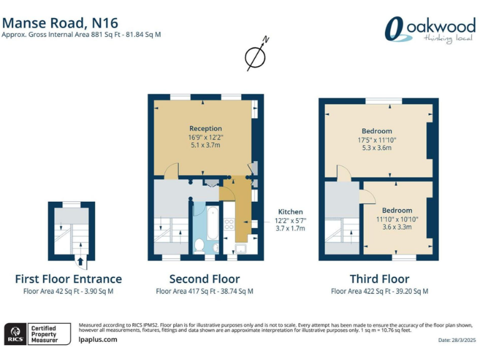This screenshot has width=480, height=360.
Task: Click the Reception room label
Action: (x=206, y=128)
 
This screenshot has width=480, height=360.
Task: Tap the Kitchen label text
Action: (x=291, y=212)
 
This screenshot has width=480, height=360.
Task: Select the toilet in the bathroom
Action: (x=199, y=247)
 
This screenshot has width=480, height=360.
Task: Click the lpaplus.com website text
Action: (x=98, y=339)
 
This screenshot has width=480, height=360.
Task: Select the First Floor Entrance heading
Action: (x=68, y=279)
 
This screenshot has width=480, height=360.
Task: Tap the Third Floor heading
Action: (x=379, y=279)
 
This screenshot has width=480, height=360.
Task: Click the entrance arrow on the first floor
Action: (x=80, y=261)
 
